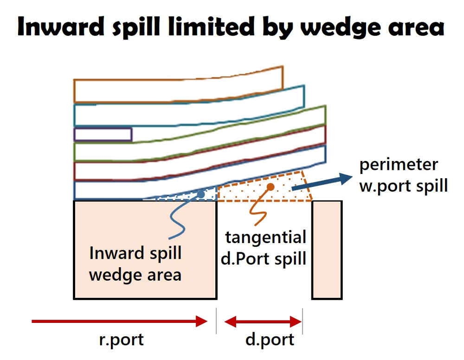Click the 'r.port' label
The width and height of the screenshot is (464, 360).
pos(122,339)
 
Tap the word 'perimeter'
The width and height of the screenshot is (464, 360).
pos(399,165)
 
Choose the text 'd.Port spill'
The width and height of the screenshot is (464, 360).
pos(263,258)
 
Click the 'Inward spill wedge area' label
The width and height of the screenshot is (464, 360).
pos(135,264)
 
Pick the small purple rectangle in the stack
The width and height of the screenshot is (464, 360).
pos(103,135)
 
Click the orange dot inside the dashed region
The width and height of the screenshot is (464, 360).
pos(271,186)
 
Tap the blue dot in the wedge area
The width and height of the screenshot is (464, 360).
pos(200,194)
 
